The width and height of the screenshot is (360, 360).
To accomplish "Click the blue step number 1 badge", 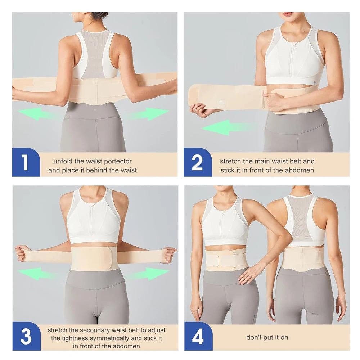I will [25, 162].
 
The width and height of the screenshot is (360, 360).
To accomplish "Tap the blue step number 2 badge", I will [197, 162].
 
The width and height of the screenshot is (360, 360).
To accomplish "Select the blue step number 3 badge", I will [26, 336].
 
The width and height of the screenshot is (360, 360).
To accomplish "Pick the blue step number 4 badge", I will [198, 337].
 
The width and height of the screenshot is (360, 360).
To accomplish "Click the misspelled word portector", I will [117, 161].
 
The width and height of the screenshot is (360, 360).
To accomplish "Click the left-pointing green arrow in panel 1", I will [36, 114].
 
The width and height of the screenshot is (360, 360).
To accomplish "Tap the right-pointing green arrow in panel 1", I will [151, 114].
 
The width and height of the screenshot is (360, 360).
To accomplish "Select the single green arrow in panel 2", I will [223, 127].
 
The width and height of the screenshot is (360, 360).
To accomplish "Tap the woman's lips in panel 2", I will [288, 14].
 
